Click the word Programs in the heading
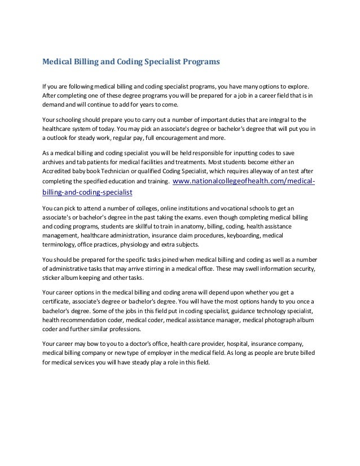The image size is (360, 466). click(x=200, y=60)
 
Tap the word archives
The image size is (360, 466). click(x=55, y=162)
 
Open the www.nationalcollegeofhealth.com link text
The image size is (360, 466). click(x=243, y=181)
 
